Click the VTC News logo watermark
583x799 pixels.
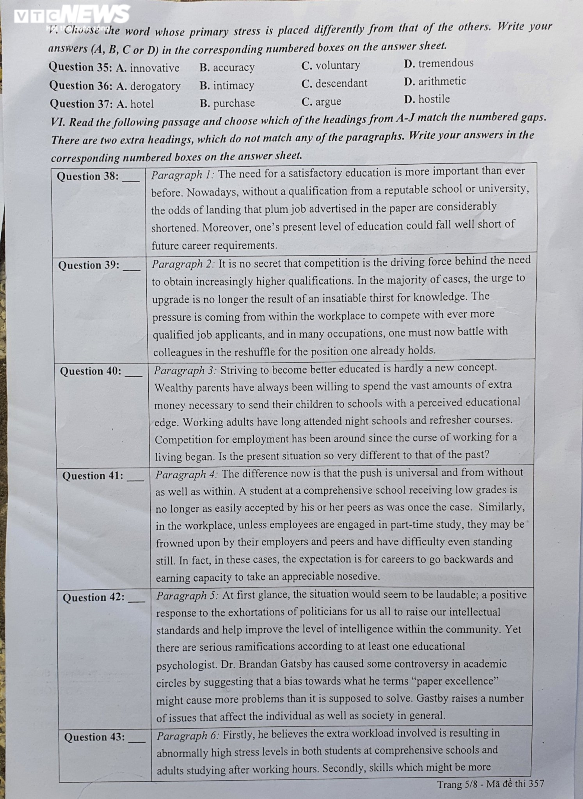pos(72,15)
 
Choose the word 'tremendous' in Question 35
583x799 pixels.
pos(446,63)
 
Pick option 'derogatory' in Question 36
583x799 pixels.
pos(155,86)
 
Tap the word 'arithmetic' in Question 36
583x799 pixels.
pos(442,81)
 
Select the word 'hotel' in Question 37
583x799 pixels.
pos(142,104)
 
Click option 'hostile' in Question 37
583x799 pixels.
pos(434,99)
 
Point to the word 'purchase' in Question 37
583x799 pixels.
pos(234,103)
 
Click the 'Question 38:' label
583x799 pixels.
pos(88,176)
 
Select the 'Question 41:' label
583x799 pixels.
pos(93,476)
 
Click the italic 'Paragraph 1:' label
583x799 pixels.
pos(182,174)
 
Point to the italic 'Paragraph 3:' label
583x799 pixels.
pos(185,370)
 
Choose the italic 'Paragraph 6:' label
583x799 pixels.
pos(188,736)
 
